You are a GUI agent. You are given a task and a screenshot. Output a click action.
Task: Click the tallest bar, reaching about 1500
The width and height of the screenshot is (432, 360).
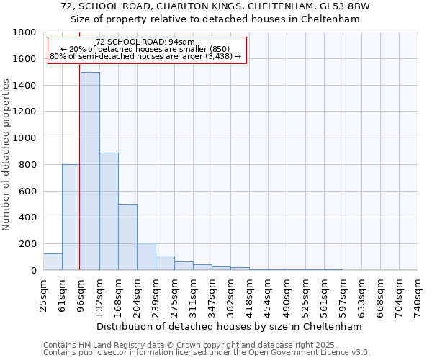point(90,171)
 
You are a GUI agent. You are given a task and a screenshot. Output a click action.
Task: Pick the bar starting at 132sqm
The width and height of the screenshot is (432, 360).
point(109,212)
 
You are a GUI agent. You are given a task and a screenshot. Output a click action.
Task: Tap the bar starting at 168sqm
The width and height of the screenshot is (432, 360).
point(127,238)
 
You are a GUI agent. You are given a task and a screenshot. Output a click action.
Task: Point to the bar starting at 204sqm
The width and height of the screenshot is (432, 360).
point(146,257)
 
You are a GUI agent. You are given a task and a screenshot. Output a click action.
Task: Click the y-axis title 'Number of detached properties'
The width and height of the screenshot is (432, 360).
point(7,155)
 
